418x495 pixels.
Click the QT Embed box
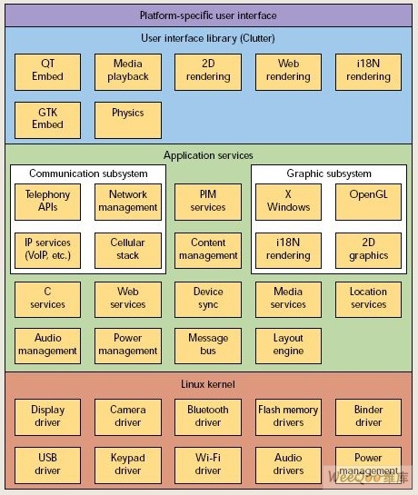tap(48, 72)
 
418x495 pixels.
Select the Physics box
tap(128, 120)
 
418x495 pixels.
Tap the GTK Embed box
tap(48, 120)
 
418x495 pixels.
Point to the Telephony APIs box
tap(48, 202)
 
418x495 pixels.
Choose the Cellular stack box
tap(128, 251)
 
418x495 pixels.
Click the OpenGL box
tap(368, 202)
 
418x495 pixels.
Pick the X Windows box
tap(288, 202)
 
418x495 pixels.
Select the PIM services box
tap(208, 202)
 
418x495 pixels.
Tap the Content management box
tap(208, 251)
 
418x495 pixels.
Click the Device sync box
tap(208, 300)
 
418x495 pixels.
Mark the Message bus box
tap(208, 346)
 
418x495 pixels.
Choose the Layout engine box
tap(288, 346)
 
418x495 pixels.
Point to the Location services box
tap(368, 300)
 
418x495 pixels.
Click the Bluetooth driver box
tap(208, 417)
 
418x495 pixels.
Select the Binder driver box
tap(368, 417)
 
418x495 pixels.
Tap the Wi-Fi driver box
tap(208, 465)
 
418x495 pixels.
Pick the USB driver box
tap(48, 465)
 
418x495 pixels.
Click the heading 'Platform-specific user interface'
tap(208, 15)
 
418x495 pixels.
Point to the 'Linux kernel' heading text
tap(208, 384)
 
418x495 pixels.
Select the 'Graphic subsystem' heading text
tap(329, 173)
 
